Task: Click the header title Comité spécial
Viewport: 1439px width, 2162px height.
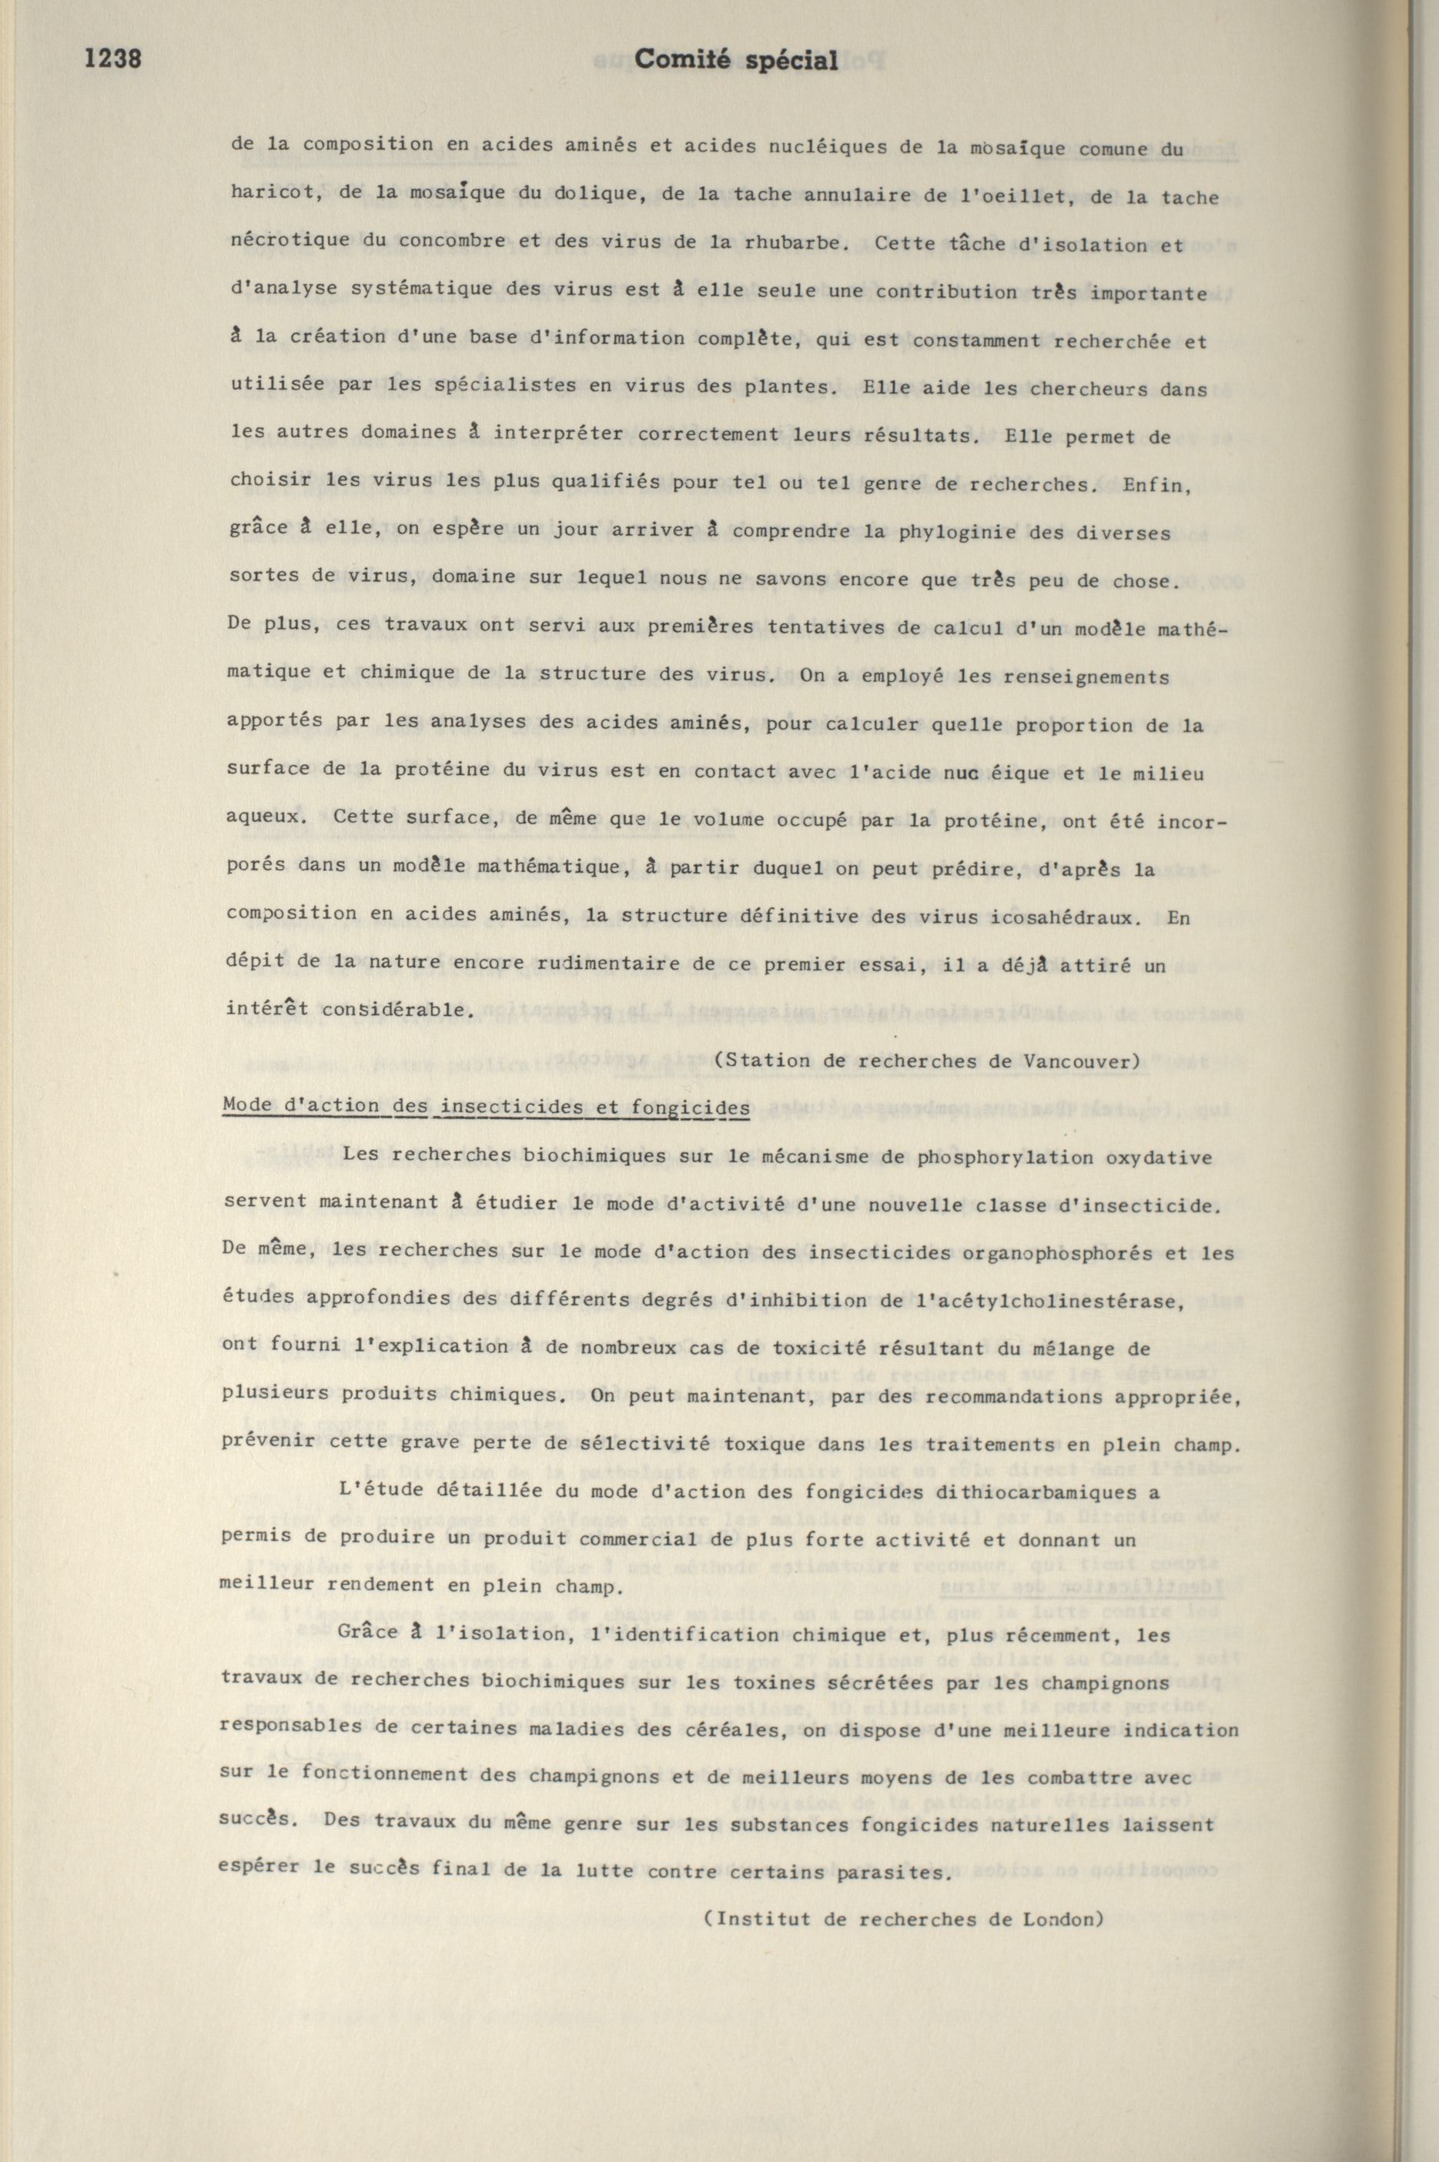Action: (736, 61)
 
